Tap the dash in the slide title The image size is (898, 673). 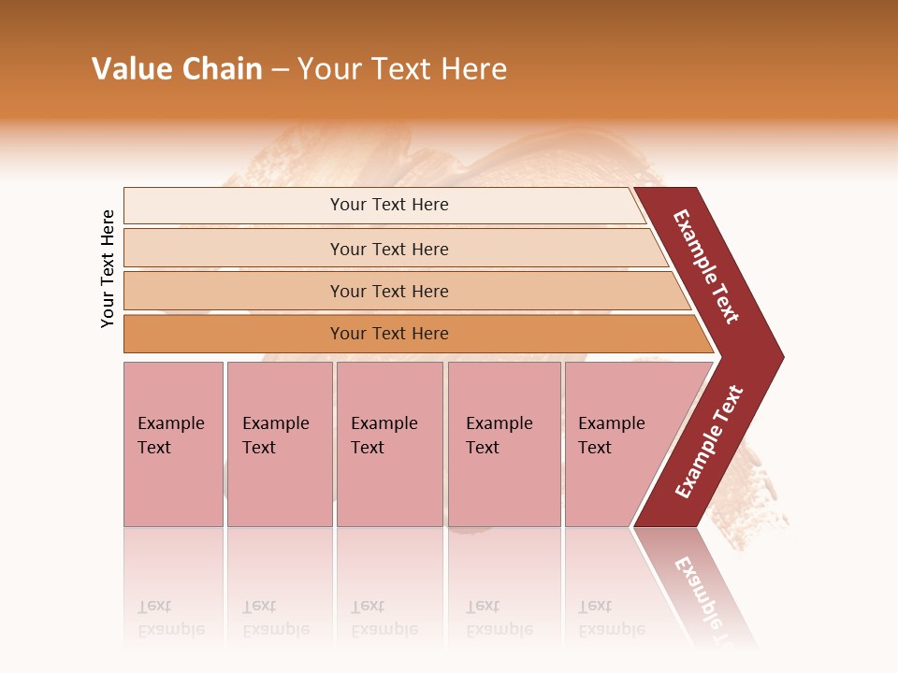tap(280, 70)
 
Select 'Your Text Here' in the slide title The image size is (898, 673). tap(402, 69)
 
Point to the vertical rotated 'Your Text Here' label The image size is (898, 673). tap(108, 268)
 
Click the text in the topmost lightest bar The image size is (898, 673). tap(389, 205)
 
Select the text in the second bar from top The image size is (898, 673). tap(389, 249)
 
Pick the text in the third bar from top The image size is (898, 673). tap(389, 291)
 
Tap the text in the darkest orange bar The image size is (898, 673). tap(389, 334)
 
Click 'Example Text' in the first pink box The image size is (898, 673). tap(170, 436)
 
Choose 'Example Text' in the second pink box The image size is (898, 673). tap(275, 436)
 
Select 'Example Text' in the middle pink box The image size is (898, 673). tap(384, 436)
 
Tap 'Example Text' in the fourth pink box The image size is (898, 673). tap(499, 436)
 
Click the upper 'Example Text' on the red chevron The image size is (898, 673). tap(706, 266)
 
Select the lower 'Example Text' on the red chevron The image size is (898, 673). tap(709, 441)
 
